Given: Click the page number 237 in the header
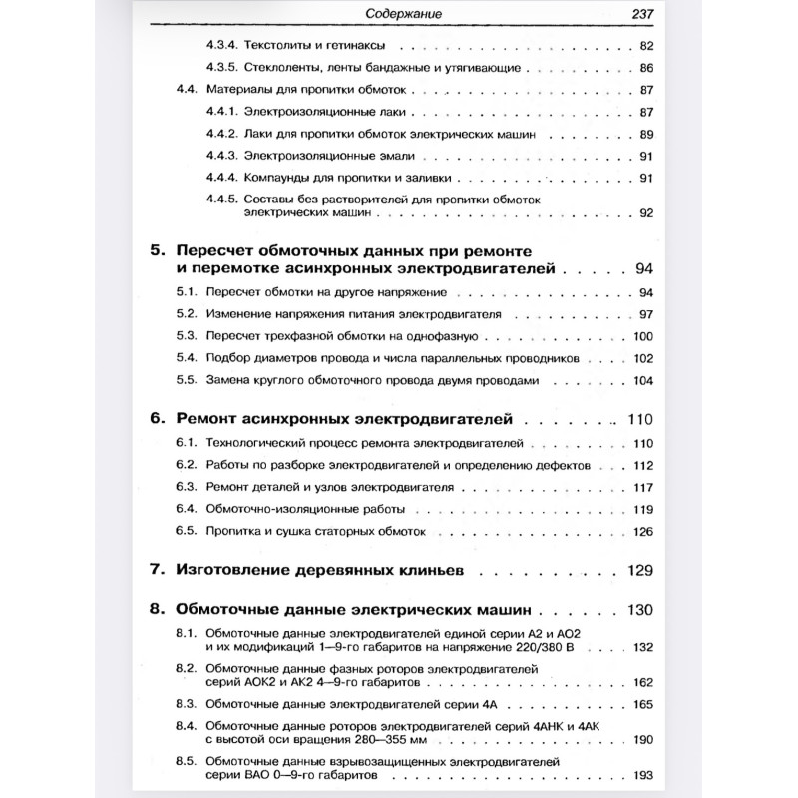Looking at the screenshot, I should (x=634, y=15).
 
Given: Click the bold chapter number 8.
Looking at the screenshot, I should (x=155, y=609).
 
